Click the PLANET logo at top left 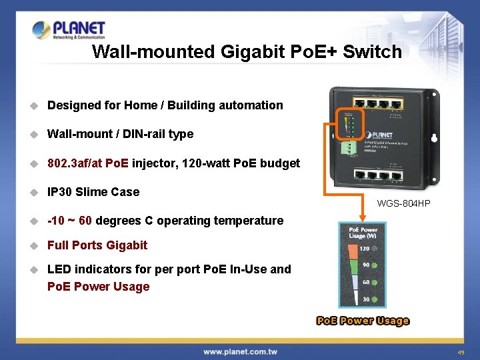pyautogui.click(x=69, y=30)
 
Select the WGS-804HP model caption pyautogui.click(x=404, y=203)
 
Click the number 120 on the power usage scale pyautogui.click(x=365, y=248)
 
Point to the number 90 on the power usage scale pyautogui.click(x=365, y=265)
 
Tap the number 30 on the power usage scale pyautogui.click(x=366, y=300)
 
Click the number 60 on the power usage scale pyautogui.click(x=365, y=283)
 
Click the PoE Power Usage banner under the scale pyautogui.click(x=363, y=321)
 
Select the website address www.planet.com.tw pyautogui.click(x=240, y=351)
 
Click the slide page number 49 pyautogui.click(x=461, y=352)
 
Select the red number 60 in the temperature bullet pyautogui.click(x=85, y=221)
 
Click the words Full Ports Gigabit pyautogui.click(x=97, y=245)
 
